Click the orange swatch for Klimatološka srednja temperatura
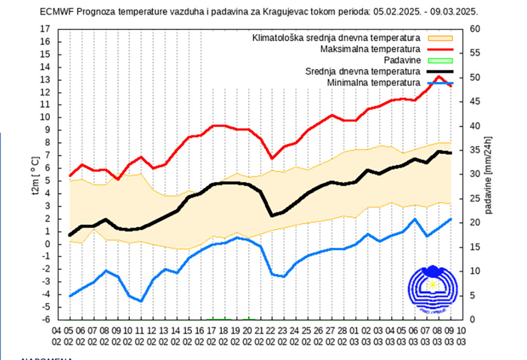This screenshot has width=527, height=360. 440,38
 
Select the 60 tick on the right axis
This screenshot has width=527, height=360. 475,29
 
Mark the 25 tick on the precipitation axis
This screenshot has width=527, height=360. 475,199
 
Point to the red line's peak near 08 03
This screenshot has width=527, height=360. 439,77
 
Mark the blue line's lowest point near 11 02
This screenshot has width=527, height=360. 140,301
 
